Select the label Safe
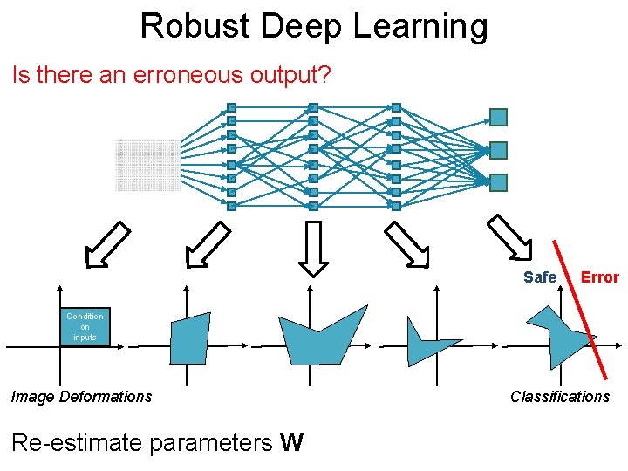539,277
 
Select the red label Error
599,277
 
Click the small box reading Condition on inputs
85,327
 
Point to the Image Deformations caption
81,397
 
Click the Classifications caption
560,397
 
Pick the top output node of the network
498,117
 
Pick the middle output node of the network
498,150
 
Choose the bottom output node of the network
498,182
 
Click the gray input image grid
147,165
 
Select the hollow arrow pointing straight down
312,248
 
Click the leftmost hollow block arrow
106,244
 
